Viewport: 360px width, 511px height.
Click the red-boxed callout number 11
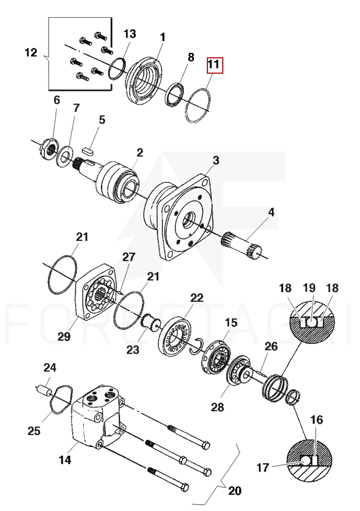tap(214, 64)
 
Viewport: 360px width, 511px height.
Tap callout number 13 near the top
tap(129, 34)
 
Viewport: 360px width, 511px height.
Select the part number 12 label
tap(31, 52)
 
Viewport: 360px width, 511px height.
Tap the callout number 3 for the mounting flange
tap(216, 160)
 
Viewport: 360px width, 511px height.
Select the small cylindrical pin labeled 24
tap(44, 390)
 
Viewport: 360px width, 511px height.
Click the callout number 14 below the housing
tap(65, 460)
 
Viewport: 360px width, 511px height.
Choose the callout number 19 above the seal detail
tap(309, 288)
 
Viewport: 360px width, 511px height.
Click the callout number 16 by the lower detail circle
tap(316, 420)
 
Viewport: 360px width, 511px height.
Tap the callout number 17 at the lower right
tap(263, 468)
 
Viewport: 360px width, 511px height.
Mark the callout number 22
tap(197, 298)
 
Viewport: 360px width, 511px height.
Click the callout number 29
tap(63, 336)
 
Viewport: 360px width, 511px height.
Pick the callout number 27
tap(129, 257)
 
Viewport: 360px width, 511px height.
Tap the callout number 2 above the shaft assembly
tap(140, 153)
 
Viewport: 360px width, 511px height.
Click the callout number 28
tap(217, 407)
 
